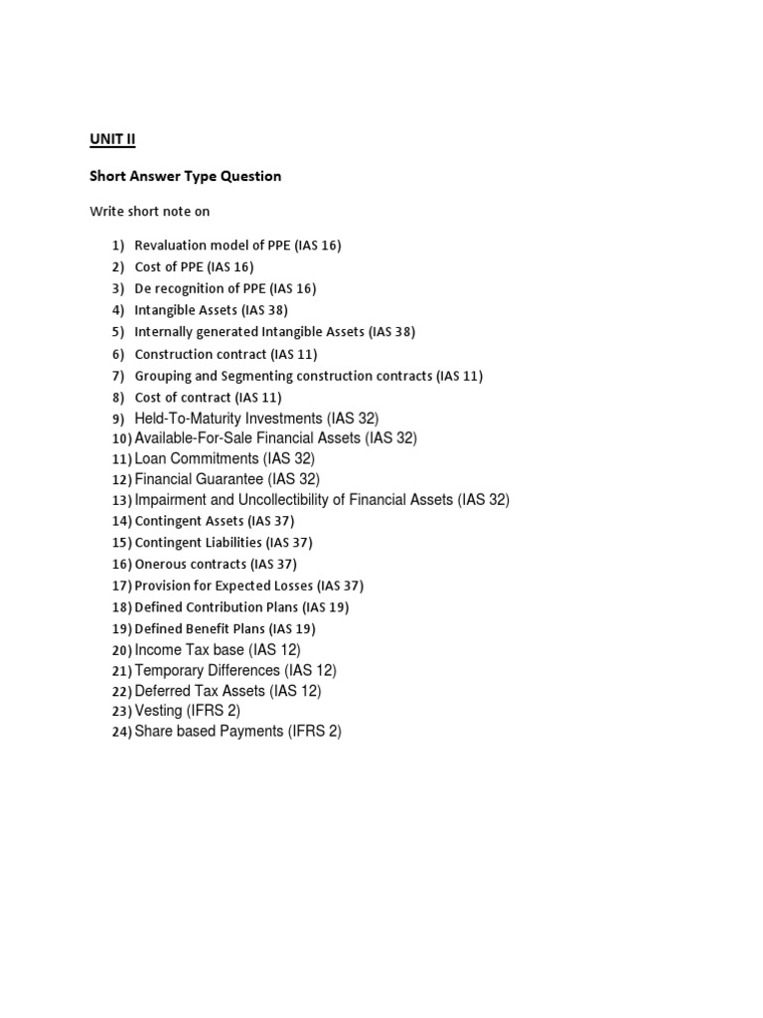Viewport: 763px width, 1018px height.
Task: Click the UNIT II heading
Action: [x=112, y=139]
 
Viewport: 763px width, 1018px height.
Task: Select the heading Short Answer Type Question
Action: [x=185, y=176]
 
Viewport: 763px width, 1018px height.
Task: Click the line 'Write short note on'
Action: [x=149, y=211]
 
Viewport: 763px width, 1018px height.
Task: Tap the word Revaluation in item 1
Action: [x=170, y=246]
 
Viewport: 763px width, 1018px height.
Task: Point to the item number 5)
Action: [x=117, y=332]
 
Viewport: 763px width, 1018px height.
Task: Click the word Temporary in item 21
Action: [x=171, y=671]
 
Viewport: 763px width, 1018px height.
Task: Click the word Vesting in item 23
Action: [x=158, y=711]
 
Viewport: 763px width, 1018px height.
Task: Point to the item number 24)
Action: [x=121, y=733]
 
